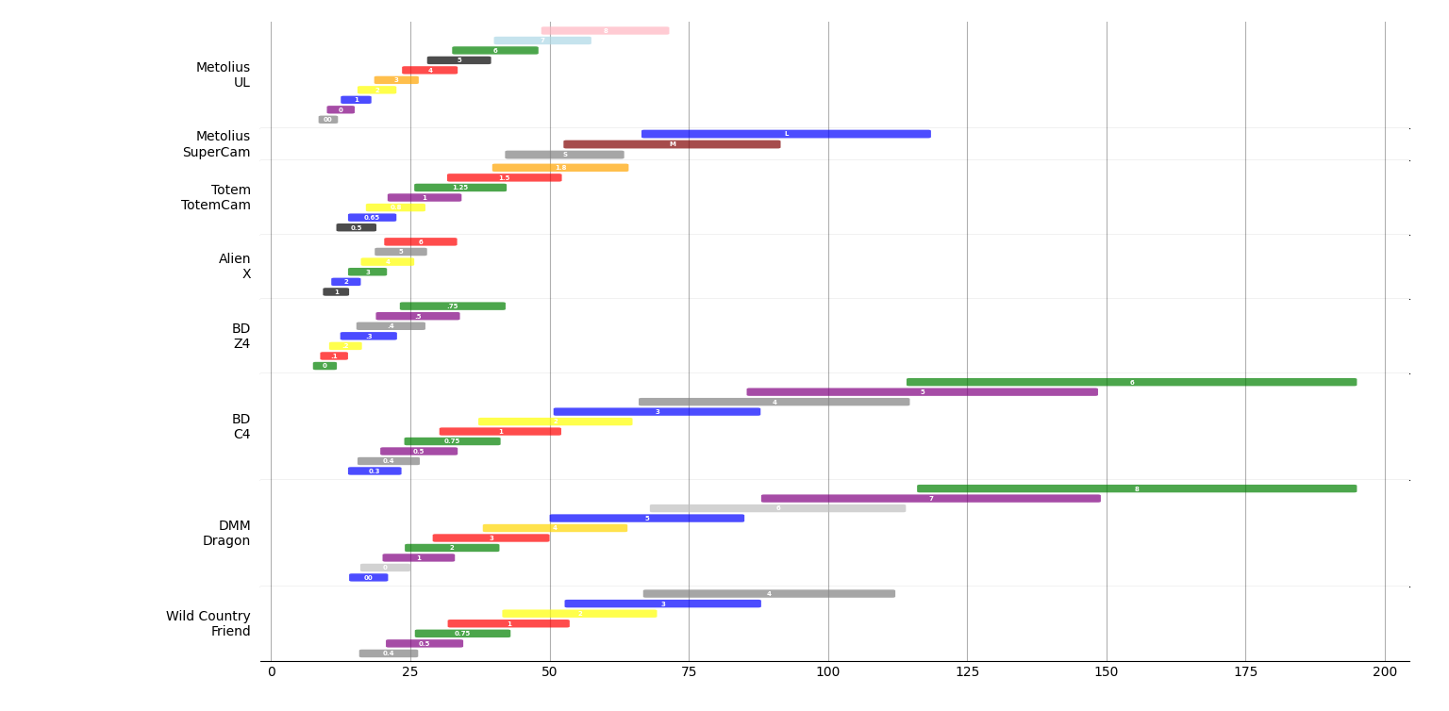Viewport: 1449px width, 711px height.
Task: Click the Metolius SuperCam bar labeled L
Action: [x=786, y=134]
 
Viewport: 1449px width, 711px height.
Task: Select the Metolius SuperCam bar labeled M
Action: [x=672, y=144]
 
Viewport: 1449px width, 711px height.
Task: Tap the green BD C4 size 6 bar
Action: [x=1131, y=382]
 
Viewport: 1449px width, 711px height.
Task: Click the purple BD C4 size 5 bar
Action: [x=922, y=392]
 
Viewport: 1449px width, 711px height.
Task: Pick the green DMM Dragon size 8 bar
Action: [x=1136, y=488]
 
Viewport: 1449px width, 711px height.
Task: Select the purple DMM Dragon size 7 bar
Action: [x=930, y=499]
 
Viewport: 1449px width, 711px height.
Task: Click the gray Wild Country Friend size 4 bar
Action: [x=769, y=594]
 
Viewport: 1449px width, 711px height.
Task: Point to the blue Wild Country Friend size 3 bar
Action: [x=662, y=604]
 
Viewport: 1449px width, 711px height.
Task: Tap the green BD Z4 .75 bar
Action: [x=452, y=306]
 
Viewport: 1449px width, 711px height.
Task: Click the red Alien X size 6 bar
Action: [x=420, y=242]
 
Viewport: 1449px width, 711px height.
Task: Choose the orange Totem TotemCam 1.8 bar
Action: [x=559, y=168]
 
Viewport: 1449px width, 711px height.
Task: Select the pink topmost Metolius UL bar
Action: [x=605, y=31]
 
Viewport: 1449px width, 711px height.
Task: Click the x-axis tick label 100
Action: [x=827, y=672]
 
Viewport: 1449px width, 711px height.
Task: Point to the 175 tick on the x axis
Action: [x=1245, y=672]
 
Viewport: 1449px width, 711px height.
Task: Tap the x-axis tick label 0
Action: [x=272, y=672]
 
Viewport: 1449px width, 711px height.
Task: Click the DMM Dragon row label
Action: [x=225, y=534]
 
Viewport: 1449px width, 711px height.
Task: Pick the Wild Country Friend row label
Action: [x=208, y=624]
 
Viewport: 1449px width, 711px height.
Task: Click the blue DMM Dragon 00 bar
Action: [x=368, y=578]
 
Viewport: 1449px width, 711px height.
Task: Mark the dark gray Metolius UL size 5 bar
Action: [x=458, y=60]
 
